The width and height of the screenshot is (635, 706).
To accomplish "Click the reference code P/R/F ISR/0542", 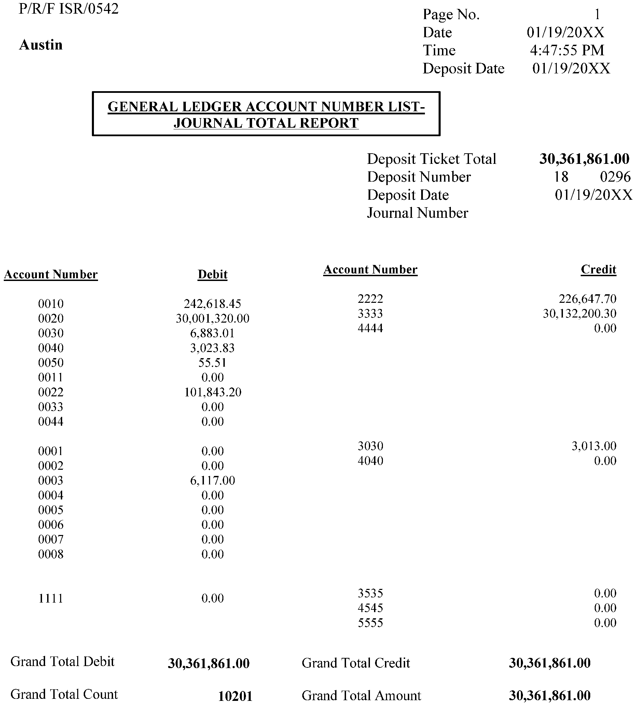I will pos(68,9).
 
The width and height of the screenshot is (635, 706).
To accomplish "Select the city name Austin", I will pos(41,45).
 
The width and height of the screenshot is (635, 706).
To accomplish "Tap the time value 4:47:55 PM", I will pos(567,51).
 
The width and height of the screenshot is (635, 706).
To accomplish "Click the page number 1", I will pos(597,14).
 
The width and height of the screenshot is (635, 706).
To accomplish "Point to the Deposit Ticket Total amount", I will pos(584,159).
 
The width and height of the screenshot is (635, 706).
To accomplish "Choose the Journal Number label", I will pos(417,213).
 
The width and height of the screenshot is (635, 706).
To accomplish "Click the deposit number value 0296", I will pos(615,177).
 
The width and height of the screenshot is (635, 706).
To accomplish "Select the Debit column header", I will pos(212,274).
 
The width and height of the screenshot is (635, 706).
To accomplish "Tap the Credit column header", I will pos(598,269).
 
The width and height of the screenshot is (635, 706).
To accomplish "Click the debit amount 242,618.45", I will pos(212,303).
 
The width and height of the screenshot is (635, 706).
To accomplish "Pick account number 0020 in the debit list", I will pos(51,318).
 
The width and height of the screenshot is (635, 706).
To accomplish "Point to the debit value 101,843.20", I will pos(213,392).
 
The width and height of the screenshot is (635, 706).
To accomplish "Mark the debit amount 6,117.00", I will pos(212,480).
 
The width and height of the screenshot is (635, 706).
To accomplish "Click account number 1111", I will pos(51,598).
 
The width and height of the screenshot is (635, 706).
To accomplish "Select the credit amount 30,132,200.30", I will pos(579,313).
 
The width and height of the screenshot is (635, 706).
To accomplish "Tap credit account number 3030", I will pos(371,446).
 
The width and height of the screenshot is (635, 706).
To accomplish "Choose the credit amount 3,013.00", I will pos(594,446).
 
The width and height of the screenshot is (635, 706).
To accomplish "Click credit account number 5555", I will pos(371,623).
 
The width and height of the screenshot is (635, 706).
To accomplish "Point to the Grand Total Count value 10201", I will pos(235,696).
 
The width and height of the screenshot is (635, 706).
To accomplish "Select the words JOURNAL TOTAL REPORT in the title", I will pos(266,123).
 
